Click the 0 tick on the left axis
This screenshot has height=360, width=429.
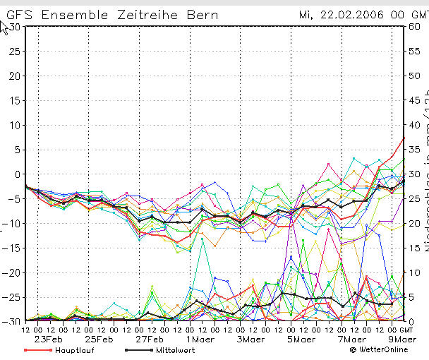click(x=18, y=174)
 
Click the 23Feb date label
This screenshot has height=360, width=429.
click(x=49, y=338)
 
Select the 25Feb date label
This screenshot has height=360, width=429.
click(x=99, y=338)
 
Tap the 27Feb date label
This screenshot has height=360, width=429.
click(x=150, y=338)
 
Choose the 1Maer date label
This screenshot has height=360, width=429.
click(x=200, y=338)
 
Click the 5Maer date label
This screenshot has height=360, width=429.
click(x=301, y=338)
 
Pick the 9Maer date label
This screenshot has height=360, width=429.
click(x=402, y=338)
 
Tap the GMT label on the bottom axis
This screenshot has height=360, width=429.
click(x=406, y=329)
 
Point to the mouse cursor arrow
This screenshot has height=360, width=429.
click(x=4, y=27)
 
